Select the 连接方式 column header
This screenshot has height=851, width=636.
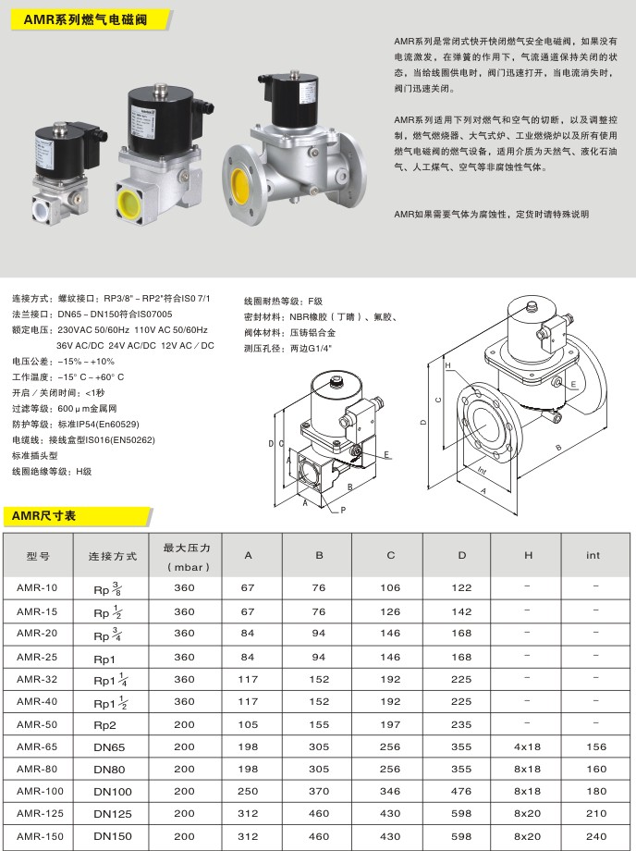[113, 556]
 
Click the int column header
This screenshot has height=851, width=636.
[593, 555]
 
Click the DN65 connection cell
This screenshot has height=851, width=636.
[110, 746]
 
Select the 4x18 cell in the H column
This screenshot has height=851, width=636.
[527, 746]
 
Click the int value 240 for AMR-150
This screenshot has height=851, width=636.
[596, 836]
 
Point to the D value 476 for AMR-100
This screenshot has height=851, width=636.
[461, 791]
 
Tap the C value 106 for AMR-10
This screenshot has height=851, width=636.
[390, 587]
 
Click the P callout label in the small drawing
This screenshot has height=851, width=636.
[342, 510]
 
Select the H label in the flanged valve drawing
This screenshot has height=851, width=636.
[447, 366]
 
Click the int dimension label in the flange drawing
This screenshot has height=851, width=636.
[482, 469]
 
